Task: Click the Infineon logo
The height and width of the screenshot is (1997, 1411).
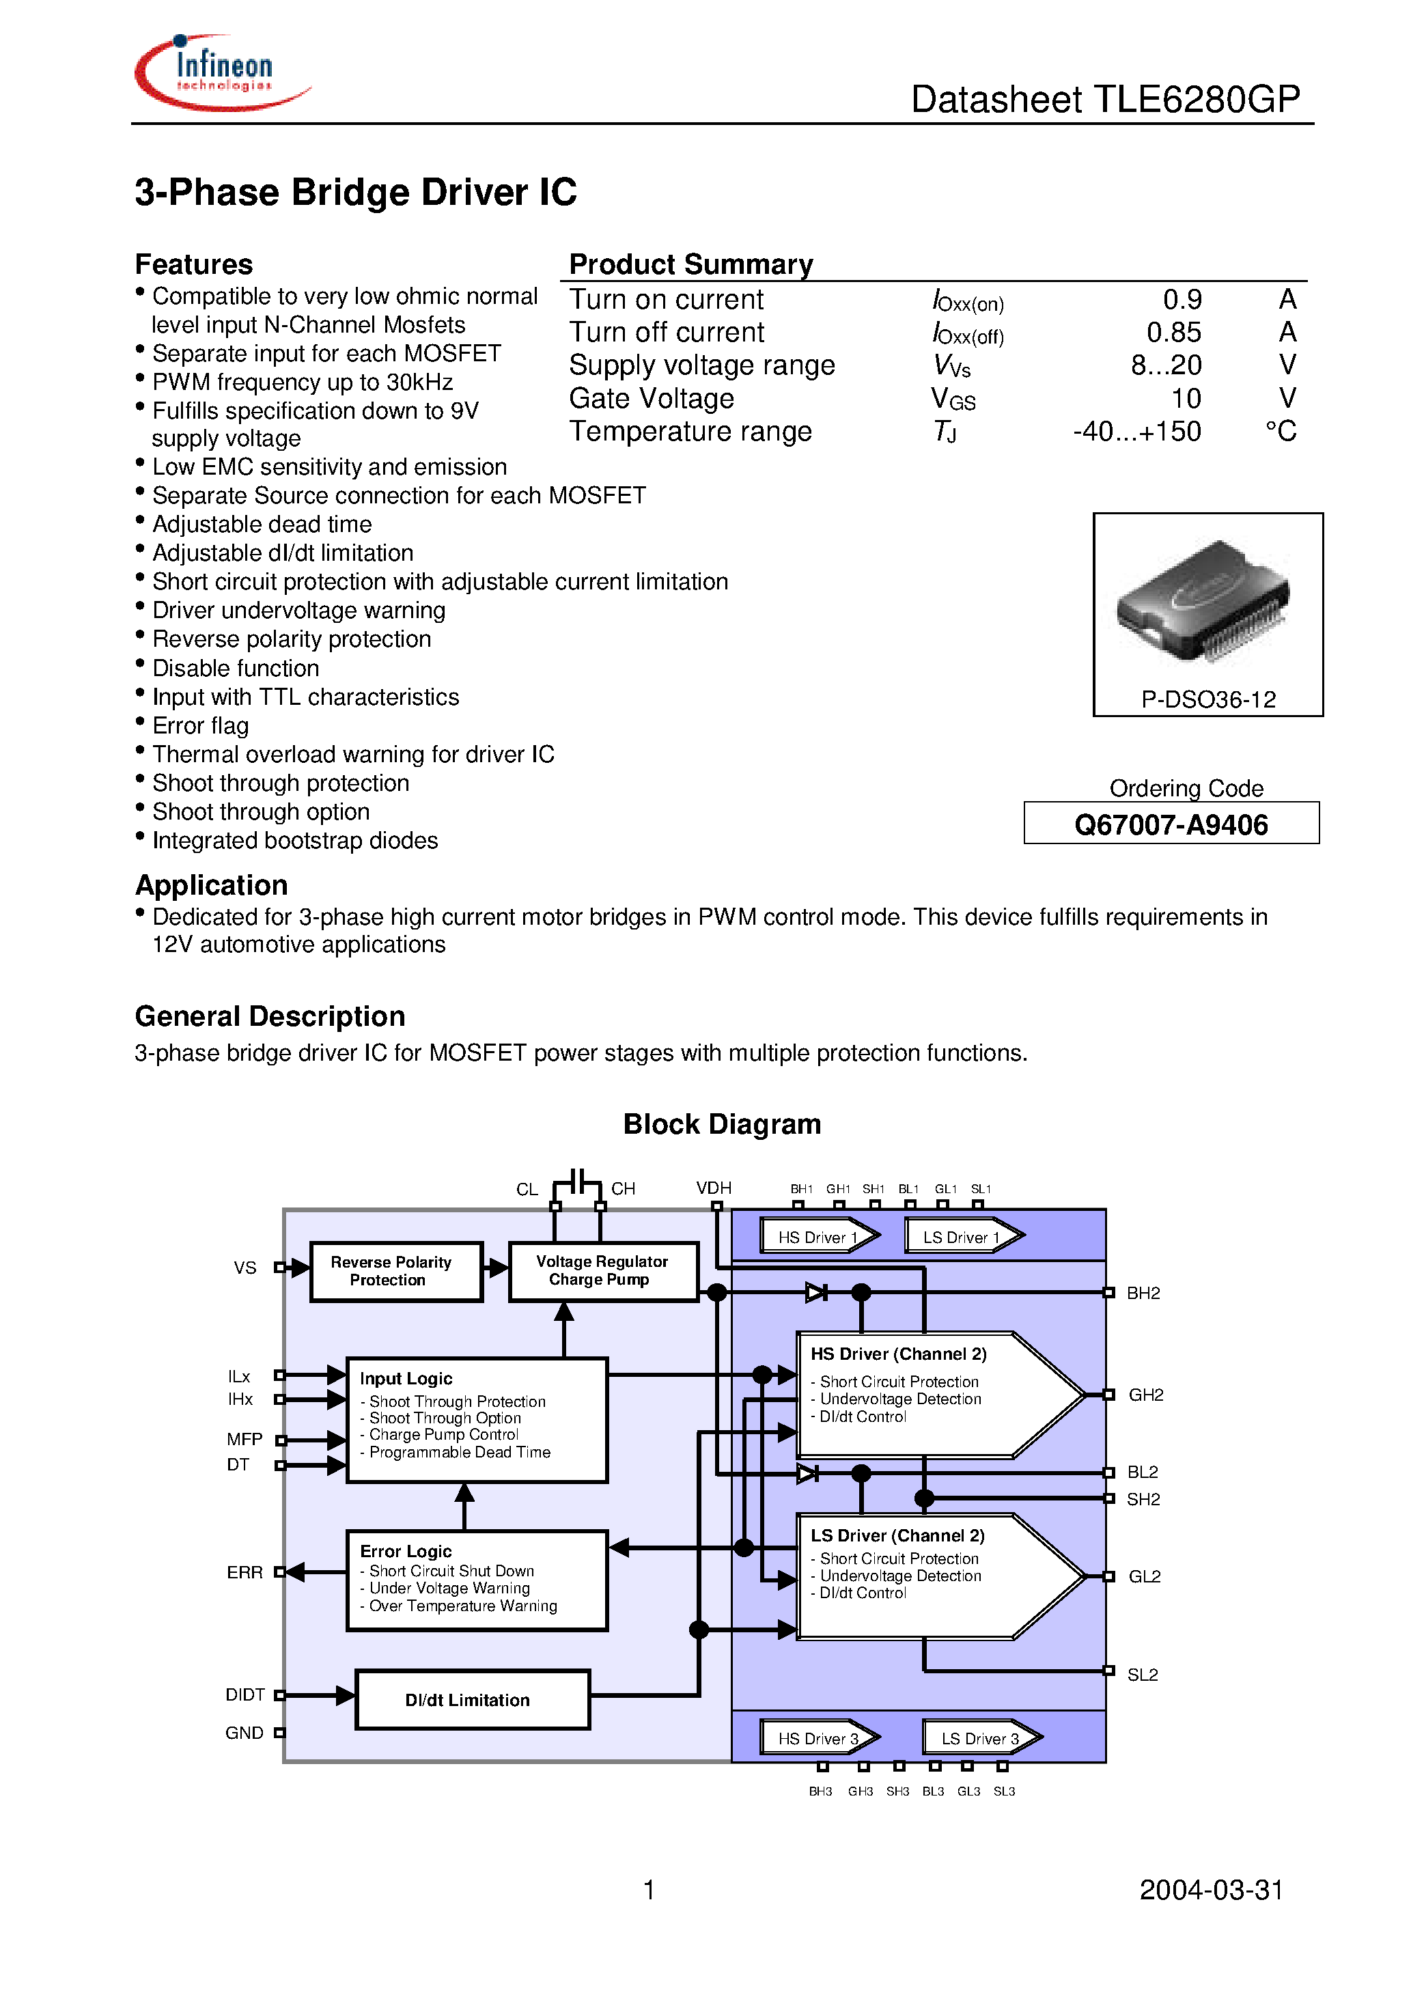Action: (222, 72)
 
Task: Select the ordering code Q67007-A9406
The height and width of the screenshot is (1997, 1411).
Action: (1170, 824)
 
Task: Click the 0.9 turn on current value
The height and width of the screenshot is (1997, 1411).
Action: (1182, 300)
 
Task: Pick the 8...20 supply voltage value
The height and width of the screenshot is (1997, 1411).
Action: (1166, 365)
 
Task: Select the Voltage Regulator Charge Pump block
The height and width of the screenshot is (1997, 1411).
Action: (602, 1271)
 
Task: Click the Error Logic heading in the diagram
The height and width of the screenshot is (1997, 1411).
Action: (406, 1551)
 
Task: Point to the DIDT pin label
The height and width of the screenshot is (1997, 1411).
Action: (245, 1694)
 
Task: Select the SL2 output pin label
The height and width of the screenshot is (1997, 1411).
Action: (1142, 1675)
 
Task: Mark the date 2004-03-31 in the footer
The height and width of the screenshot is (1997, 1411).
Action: (1211, 1889)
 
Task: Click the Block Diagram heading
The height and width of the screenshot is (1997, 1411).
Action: (722, 1123)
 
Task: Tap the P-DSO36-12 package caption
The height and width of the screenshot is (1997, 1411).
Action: (1207, 699)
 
